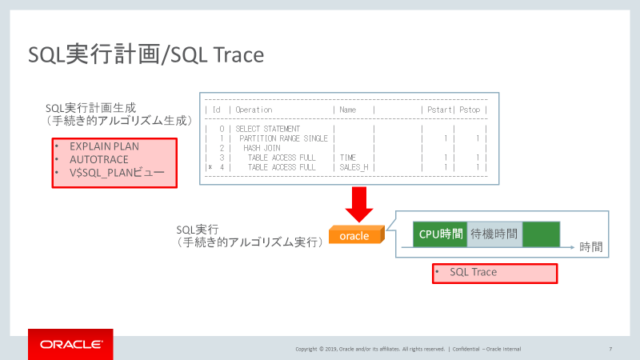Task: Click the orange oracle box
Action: tap(355, 236)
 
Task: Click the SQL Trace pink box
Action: tap(494, 273)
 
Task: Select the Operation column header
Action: tap(254, 110)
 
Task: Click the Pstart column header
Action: tap(439, 110)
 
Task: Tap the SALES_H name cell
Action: tap(354, 167)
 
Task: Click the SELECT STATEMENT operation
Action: tap(268, 129)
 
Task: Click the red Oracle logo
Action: tap(70, 344)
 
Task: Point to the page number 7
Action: tap(610, 349)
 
